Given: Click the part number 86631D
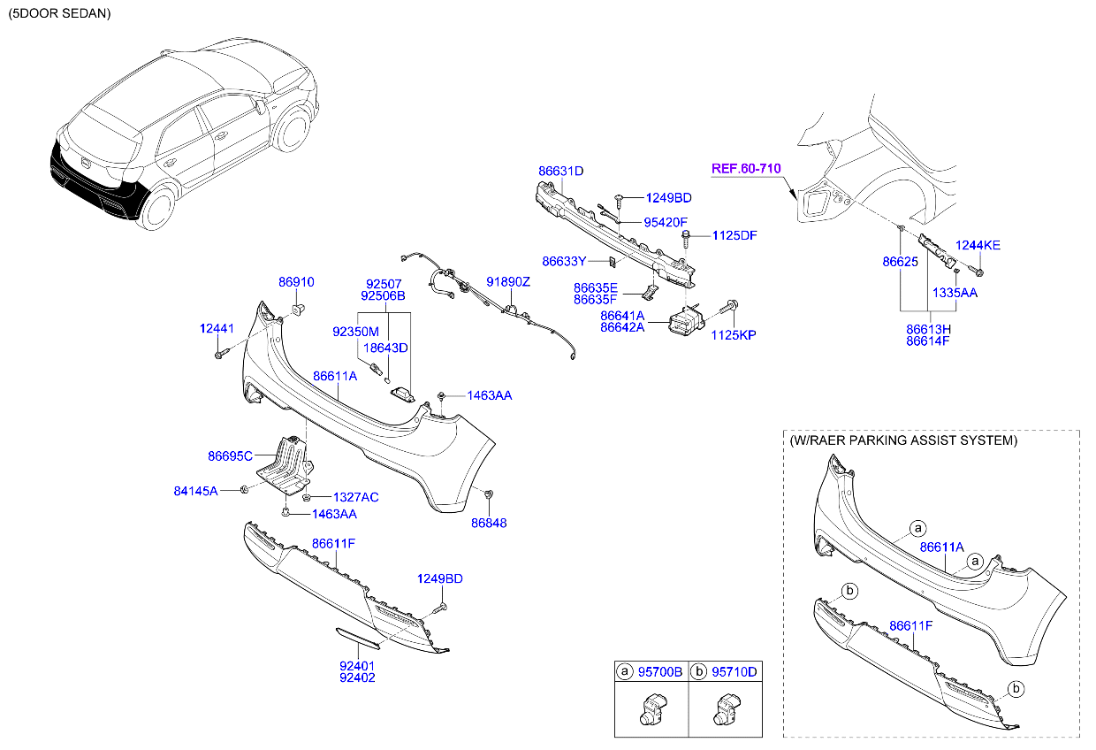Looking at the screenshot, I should pos(561,171).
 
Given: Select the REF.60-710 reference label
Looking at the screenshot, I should pos(747,168).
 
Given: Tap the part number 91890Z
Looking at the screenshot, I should pos(508,281).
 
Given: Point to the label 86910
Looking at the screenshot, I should pos(296,281).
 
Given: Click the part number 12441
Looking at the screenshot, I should pos(217,328).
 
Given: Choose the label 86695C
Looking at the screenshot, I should pos(231,456).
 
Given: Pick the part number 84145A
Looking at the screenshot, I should pos(195,489).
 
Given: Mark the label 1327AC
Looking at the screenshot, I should pos(355,497).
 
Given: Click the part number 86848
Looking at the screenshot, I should pos(489,523).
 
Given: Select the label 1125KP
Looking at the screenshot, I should pos(734,335).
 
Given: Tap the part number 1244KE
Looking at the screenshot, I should pos(978,245).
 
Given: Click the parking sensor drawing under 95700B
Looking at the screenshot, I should pos(652,710).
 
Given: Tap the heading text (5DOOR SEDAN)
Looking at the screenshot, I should pos(60,14).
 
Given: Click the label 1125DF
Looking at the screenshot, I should pos(734,235).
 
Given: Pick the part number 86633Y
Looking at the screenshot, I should pos(564,261).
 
